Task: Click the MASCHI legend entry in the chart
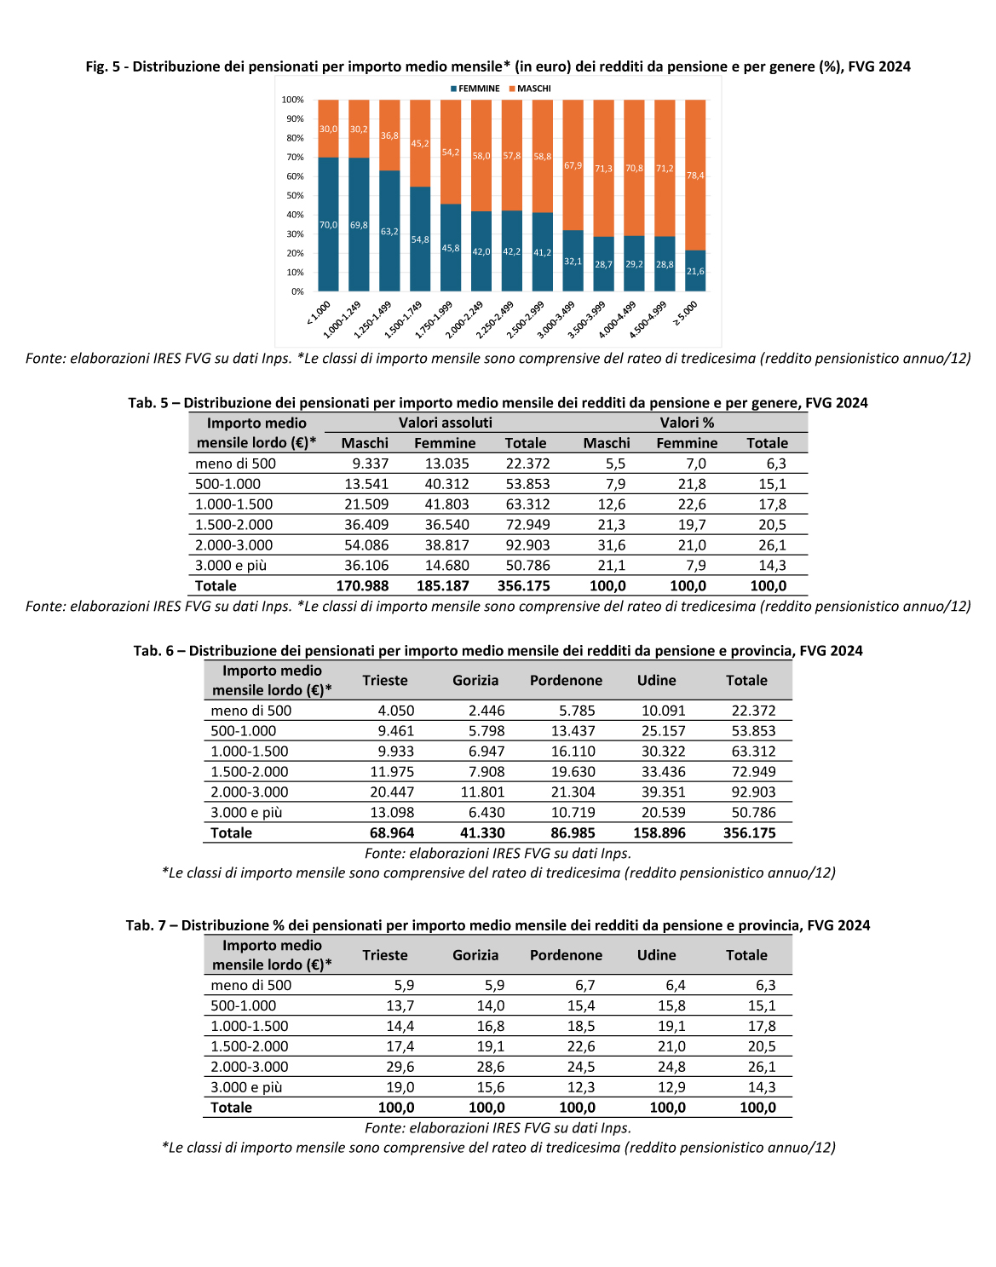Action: (x=530, y=89)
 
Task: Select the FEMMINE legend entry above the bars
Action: (x=475, y=89)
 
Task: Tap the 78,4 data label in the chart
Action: (x=695, y=176)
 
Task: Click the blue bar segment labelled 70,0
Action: (x=329, y=224)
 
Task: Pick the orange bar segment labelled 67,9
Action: (x=573, y=164)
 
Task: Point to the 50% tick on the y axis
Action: (x=295, y=195)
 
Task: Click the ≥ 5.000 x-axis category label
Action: (x=686, y=314)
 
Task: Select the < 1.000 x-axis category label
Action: (x=319, y=314)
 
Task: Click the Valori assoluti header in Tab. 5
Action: (x=445, y=423)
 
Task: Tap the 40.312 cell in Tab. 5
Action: (x=446, y=484)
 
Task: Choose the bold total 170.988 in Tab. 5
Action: (x=362, y=586)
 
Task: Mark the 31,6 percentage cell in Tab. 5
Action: (x=612, y=545)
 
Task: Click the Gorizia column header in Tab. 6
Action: (x=475, y=681)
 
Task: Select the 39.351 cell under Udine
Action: (x=664, y=792)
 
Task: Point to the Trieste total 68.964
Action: (x=392, y=833)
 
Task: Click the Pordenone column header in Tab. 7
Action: (x=566, y=955)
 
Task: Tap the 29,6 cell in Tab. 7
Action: (x=400, y=1067)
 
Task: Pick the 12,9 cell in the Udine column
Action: (x=671, y=1087)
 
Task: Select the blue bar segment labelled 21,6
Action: (x=695, y=271)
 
